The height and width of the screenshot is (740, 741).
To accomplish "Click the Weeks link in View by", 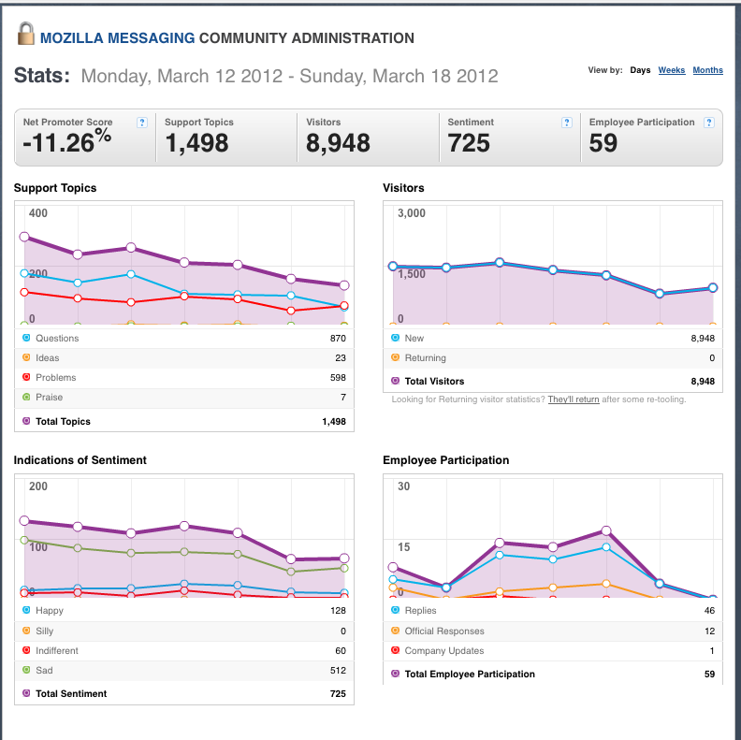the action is tap(672, 70).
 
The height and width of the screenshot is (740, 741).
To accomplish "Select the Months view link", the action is tap(707, 70).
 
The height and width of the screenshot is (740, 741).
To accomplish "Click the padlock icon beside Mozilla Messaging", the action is tap(26, 34).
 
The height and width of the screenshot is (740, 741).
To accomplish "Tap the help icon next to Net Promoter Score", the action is tap(142, 123).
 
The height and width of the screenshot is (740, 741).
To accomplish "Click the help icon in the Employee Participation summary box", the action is tap(708, 123).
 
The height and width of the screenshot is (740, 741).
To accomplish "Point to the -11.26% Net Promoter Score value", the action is tap(67, 141).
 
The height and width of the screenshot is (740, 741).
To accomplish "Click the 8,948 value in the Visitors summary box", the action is tap(338, 143).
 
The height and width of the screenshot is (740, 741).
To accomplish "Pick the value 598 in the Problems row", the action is tap(338, 378).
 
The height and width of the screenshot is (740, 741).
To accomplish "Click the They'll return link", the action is tap(574, 399).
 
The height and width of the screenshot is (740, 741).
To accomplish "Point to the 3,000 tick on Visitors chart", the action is tap(412, 213).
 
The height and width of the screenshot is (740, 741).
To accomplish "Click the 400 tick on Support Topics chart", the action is tap(37, 213).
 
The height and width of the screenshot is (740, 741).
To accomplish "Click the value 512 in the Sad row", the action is tap(338, 671).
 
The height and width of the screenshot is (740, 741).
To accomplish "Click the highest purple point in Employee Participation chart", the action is tap(606, 530).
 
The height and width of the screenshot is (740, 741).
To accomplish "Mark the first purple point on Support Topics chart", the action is tap(24, 237).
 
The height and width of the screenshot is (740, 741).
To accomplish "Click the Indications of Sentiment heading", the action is tap(80, 460).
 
